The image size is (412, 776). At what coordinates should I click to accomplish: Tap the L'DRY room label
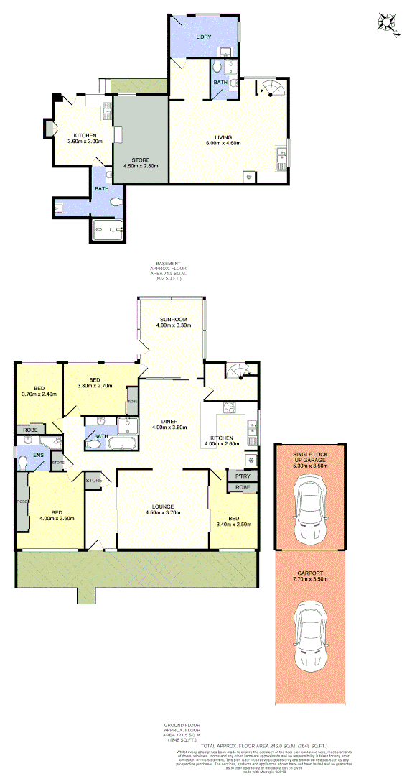(205, 37)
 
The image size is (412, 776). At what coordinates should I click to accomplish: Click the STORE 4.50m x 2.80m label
(140, 162)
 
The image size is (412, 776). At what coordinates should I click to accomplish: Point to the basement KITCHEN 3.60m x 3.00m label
(85, 138)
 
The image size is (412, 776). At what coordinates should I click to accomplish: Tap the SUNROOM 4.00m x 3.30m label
(173, 321)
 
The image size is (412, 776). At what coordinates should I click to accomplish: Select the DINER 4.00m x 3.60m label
(169, 424)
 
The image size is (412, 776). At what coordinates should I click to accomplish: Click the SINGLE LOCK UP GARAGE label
(311, 460)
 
